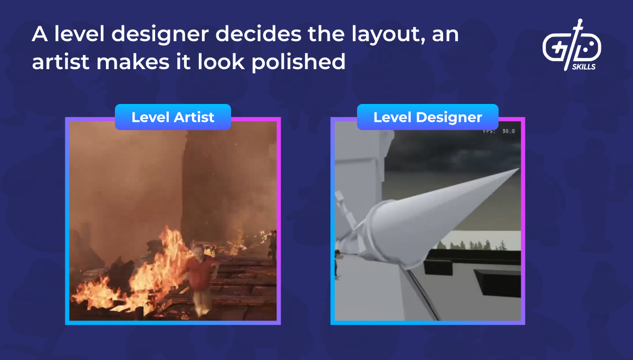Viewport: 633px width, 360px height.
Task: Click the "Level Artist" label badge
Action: pyautogui.click(x=173, y=117)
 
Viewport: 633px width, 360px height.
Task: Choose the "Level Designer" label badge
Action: pyautogui.click(x=427, y=117)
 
